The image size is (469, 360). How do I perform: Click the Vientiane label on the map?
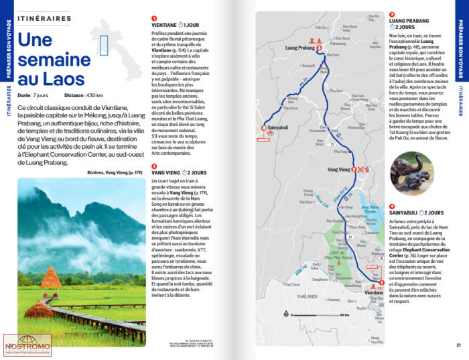[x=373, y=293]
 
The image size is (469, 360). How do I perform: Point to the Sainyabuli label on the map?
[x=277, y=126]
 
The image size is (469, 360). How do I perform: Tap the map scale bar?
[x=316, y=313]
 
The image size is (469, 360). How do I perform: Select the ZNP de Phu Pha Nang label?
[x=343, y=253]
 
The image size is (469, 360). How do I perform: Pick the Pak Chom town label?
[x=292, y=284]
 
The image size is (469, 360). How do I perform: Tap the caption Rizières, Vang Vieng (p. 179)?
[x=115, y=172]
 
